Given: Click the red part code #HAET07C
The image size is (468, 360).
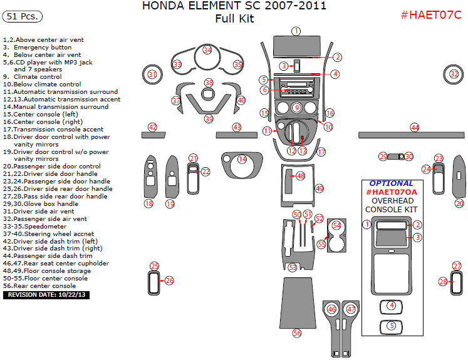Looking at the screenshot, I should pos(430,15).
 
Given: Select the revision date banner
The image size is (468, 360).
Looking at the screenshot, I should pos(46,294).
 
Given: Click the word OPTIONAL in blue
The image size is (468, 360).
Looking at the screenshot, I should pos(391,184).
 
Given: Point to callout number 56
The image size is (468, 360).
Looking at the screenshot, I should pos(297,334).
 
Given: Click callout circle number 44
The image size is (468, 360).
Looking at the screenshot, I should pos(415,127).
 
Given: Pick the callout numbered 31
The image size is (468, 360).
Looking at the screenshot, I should pos(152,75).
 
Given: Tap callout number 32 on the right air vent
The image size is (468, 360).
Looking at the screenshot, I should pos(454,74).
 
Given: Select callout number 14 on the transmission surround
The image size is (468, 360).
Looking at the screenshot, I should pos(242,160).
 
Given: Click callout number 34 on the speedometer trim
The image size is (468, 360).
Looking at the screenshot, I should pos(207,50).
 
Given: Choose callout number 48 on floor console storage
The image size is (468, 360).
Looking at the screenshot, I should pos(301,177).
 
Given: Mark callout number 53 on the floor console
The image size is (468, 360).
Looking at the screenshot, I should pos(292,267).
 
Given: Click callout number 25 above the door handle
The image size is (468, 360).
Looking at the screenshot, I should pos(154,266).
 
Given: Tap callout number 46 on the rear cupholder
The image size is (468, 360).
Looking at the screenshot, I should pos(332,309).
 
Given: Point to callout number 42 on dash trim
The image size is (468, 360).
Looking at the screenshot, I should pos(152,127).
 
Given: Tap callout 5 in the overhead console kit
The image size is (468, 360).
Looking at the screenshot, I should pos(391,326).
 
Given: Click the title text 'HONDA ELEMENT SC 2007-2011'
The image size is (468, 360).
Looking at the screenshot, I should pos(234,7).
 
